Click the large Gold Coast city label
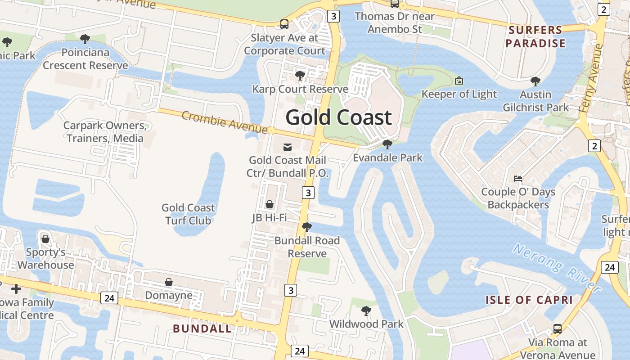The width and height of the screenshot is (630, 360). coord(339,117)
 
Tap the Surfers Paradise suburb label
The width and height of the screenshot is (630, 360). coord(535,37)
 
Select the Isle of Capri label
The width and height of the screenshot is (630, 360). coord(529,300)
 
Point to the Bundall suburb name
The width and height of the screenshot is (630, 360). coord(202,328)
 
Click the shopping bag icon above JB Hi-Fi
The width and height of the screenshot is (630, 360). coord(270,204)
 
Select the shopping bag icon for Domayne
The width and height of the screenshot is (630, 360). coord(169,282)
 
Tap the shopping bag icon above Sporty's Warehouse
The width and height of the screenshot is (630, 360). coord(45,238)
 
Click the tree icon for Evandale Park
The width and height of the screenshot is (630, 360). coord(387,144)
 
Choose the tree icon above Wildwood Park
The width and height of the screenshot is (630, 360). coord(366,310)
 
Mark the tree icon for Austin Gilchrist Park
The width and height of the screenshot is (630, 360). coord(535,81)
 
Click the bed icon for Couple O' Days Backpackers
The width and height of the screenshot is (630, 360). coord(518,179)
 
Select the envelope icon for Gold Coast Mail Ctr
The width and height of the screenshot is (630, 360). coord(287,147)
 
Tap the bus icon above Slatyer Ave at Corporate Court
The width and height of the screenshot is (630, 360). coord(284,24)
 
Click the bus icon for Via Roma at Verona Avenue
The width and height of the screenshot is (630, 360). coord(558,329)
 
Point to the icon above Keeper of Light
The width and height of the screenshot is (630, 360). coord(459,81)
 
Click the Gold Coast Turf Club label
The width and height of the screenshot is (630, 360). coord(188,214)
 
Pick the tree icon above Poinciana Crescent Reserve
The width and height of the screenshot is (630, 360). coord(85,39)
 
